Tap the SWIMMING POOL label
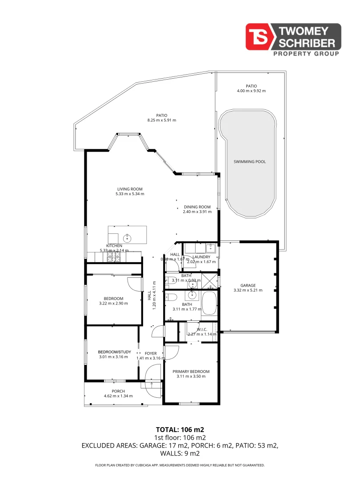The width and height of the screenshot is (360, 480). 249,162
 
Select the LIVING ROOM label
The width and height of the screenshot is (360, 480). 130,189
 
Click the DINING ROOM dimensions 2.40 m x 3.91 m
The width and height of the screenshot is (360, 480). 197,212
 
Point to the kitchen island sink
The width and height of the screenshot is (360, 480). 128,239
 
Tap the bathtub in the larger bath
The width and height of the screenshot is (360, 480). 210,304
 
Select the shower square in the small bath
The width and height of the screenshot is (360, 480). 208,280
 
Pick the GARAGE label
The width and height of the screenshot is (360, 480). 248,285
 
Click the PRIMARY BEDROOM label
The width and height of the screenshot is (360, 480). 191,372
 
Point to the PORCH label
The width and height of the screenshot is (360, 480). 118,391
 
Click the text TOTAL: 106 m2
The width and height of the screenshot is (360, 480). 180,429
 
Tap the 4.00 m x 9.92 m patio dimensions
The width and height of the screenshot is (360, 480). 251,91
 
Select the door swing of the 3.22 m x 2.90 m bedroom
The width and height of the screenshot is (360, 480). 134,283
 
